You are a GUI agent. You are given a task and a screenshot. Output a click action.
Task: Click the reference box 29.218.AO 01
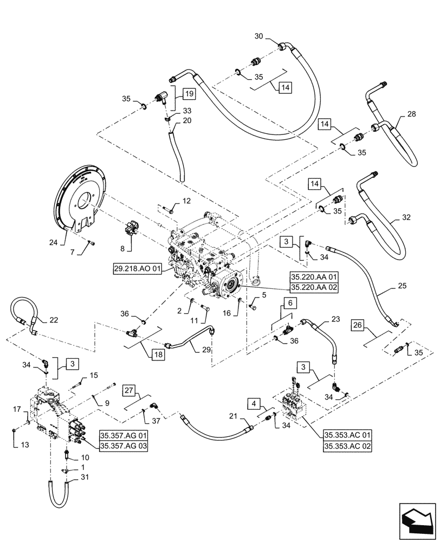(x=138, y=269)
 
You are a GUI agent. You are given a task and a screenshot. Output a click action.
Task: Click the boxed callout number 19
(x=189, y=93)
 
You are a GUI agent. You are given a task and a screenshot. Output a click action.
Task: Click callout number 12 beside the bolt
(x=186, y=202)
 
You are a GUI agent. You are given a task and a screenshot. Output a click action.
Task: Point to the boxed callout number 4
(x=253, y=404)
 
